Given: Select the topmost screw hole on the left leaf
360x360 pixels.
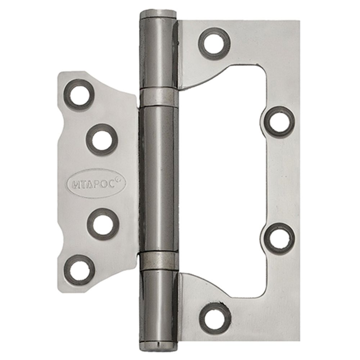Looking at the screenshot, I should pos(79,94).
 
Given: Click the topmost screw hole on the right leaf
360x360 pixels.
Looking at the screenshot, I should pos(215,44).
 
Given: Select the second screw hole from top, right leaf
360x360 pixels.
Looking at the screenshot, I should pos(280,122).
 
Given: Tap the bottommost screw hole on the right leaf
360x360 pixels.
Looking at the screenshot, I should pos(215,318).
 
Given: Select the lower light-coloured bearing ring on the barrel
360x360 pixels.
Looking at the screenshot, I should pos(159,261).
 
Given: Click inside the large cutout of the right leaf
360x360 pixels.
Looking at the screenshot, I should pos(223,180).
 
